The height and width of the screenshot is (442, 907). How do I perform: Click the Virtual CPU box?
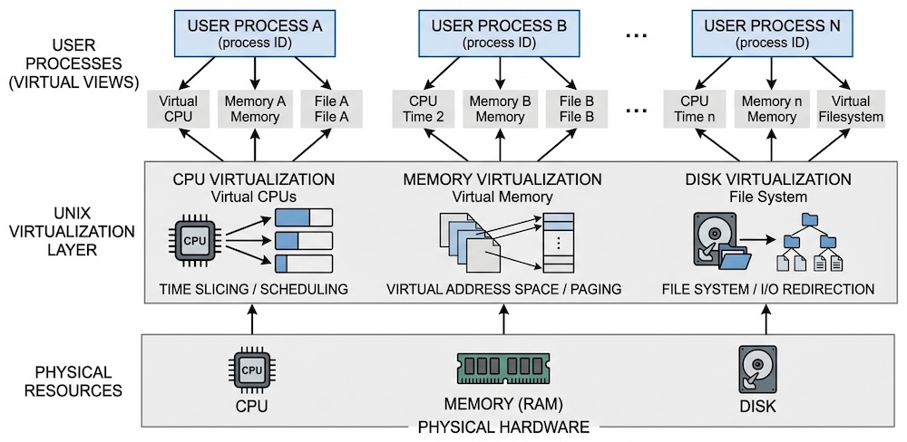coord(178,109)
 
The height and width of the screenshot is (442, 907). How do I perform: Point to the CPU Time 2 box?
coord(424,109)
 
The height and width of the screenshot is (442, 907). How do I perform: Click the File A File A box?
coord(331,109)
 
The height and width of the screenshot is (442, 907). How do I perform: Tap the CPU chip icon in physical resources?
coord(252,370)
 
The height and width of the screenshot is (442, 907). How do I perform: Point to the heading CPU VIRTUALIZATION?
coord(254,179)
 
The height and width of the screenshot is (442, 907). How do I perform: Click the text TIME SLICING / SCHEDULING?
coord(254,290)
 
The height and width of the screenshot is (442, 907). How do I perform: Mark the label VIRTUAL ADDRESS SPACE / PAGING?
coord(503,290)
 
